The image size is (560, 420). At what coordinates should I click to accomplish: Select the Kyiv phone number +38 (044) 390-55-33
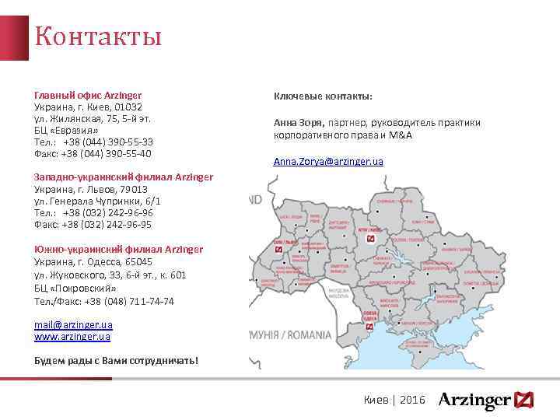(x=108, y=142)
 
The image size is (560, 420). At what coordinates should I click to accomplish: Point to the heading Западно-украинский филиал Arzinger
(x=124, y=177)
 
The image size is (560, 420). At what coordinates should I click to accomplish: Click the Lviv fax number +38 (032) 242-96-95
(x=108, y=225)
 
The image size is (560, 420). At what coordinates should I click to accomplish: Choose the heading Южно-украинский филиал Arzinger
(x=119, y=249)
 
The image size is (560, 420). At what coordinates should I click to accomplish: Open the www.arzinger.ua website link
(x=72, y=337)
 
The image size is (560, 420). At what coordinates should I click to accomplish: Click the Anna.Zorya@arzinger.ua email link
(x=328, y=162)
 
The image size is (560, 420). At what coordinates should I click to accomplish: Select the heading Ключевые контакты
(x=323, y=96)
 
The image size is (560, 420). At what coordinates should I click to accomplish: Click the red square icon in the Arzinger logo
(x=523, y=400)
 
